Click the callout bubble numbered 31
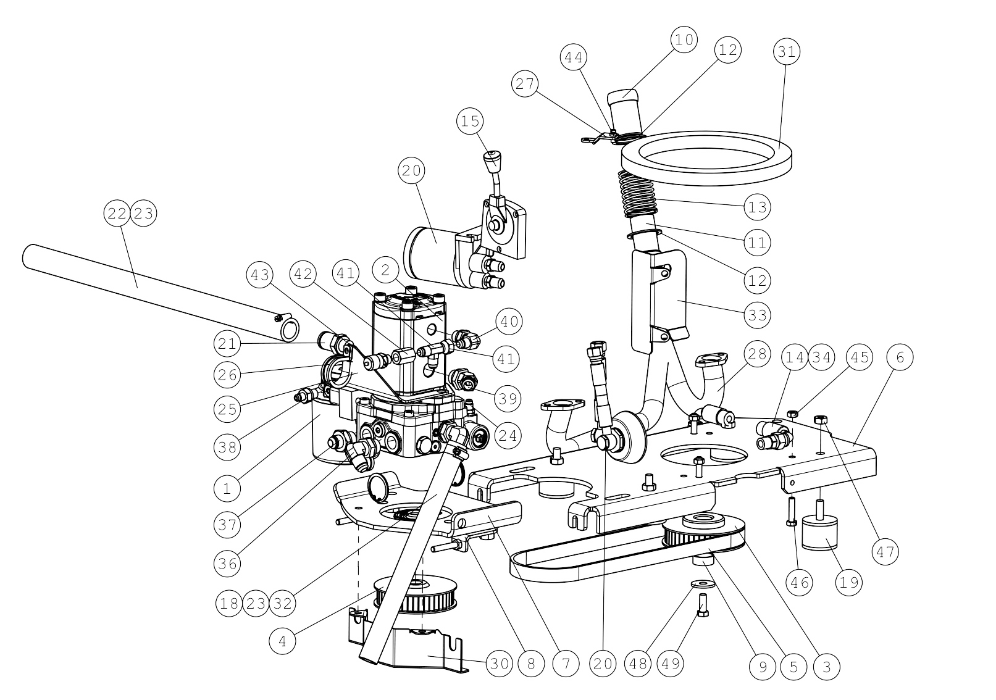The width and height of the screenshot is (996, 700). (787, 52)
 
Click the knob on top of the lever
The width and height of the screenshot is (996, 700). (490, 162)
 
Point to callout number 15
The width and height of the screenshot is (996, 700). (471, 122)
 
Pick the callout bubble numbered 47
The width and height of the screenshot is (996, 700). (885, 552)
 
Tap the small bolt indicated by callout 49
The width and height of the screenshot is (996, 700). (703, 605)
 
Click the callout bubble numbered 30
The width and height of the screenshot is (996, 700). (500, 664)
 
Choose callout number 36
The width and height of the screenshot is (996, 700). (227, 564)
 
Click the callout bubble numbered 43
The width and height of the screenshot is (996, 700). (260, 275)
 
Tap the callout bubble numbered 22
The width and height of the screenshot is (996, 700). (117, 214)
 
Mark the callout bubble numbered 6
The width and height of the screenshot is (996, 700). (900, 357)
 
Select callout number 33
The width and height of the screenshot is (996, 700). (757, 315)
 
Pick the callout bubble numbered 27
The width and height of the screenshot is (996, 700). (525, 83)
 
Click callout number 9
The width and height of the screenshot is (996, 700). (763, 667)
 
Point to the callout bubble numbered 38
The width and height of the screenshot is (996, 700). (227, 447)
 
